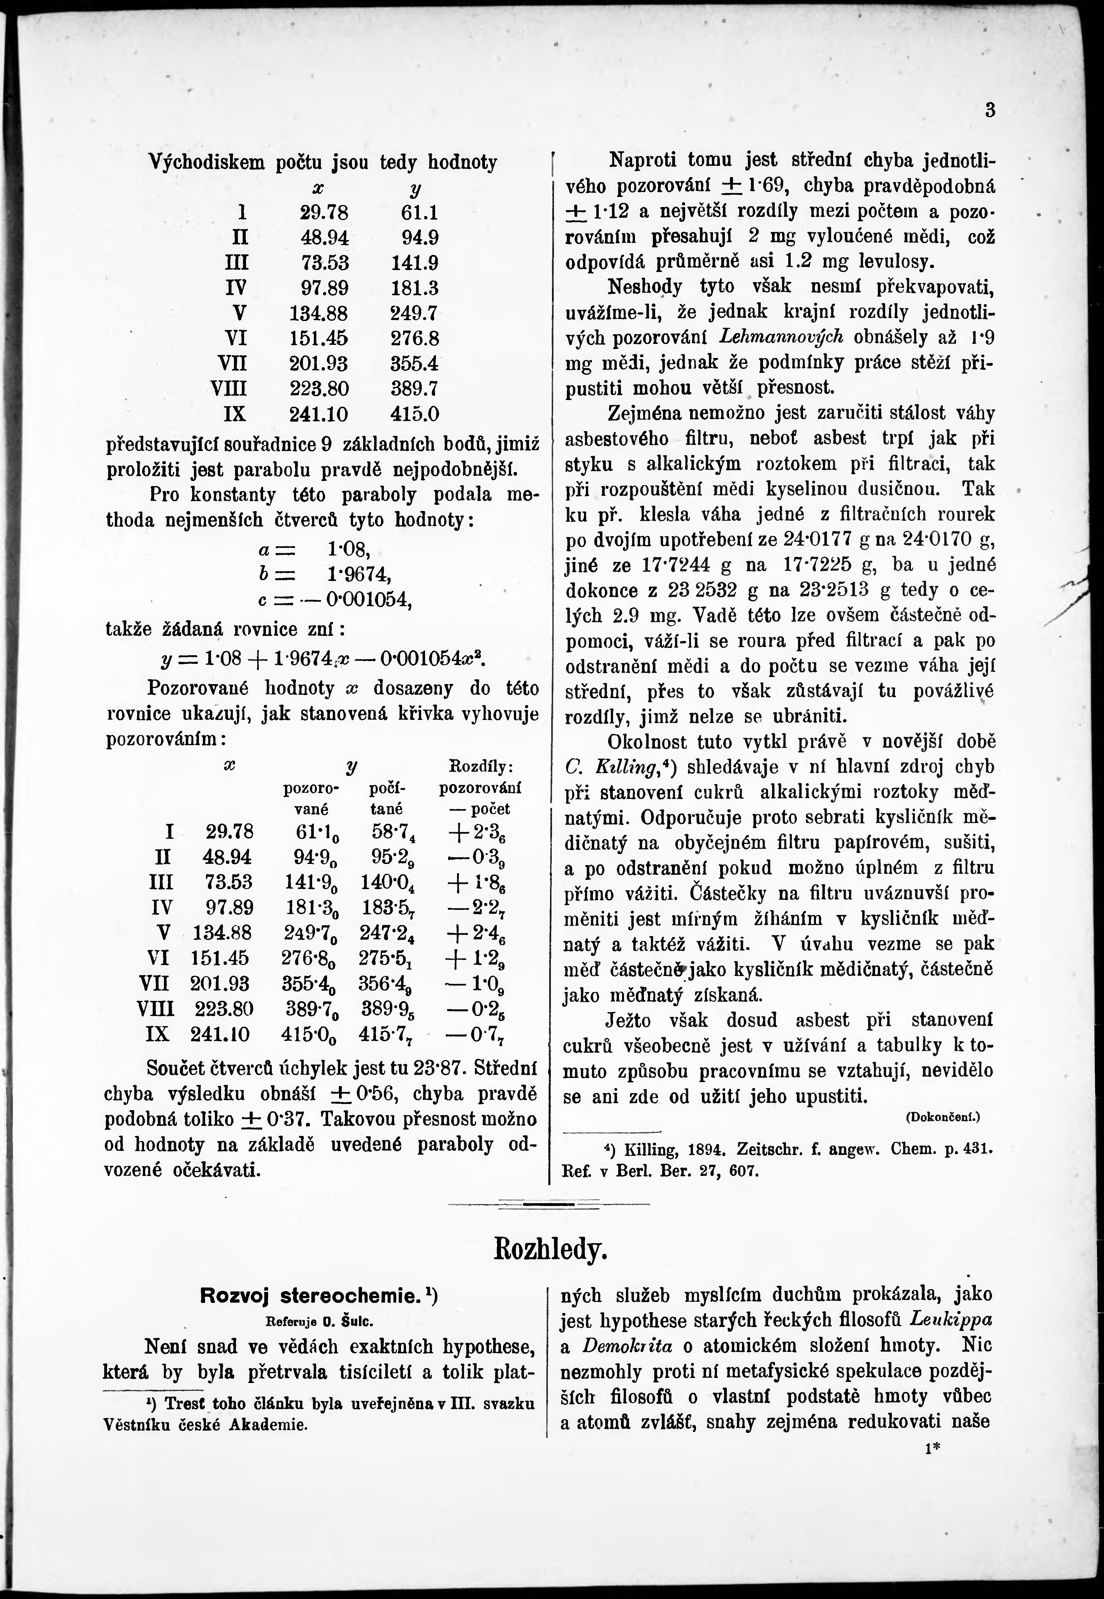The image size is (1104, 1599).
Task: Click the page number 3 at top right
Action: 990,111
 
